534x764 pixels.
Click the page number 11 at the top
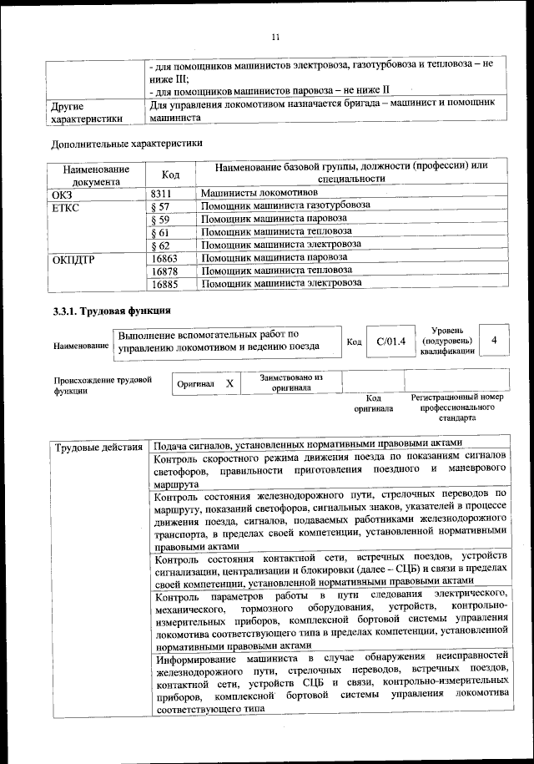tap(276, 37)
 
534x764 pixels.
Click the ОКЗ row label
tap(63, 193)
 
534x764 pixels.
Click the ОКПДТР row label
tap(73, 258)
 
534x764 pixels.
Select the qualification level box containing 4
tap(496, 341)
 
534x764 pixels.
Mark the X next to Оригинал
tap(229, 383)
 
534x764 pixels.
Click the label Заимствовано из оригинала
tap(291, 382)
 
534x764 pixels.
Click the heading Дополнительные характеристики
tap(127, 142)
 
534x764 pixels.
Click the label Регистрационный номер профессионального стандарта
tap(457, 407)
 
